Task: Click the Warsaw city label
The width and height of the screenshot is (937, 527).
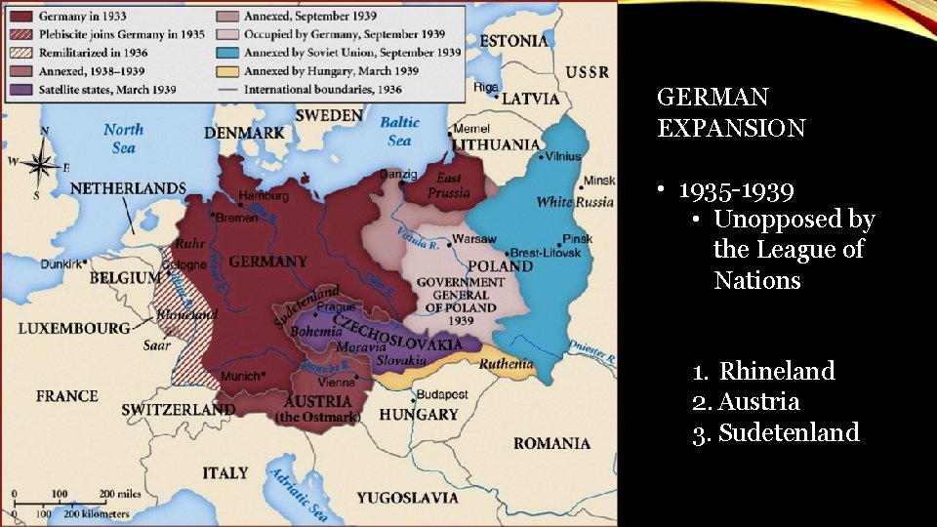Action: click(x=475, y=239)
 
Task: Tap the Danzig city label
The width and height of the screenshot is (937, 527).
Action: click(x=396, y=173)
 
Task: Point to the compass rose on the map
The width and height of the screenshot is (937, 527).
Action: click(x=41, y=162)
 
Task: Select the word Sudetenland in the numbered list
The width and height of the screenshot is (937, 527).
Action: click(x=789, y=432)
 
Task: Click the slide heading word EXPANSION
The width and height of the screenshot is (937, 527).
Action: click(x=731, y=128)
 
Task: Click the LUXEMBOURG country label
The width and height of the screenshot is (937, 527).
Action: click(x=73, y=328)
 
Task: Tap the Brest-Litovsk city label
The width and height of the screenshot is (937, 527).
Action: click(x=548, y=253)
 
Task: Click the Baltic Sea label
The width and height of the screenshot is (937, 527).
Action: click(x=399, y=131)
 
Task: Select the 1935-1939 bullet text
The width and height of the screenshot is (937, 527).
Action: click(x=736, y=189)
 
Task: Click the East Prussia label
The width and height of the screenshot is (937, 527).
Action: click(x=448, y=185)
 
